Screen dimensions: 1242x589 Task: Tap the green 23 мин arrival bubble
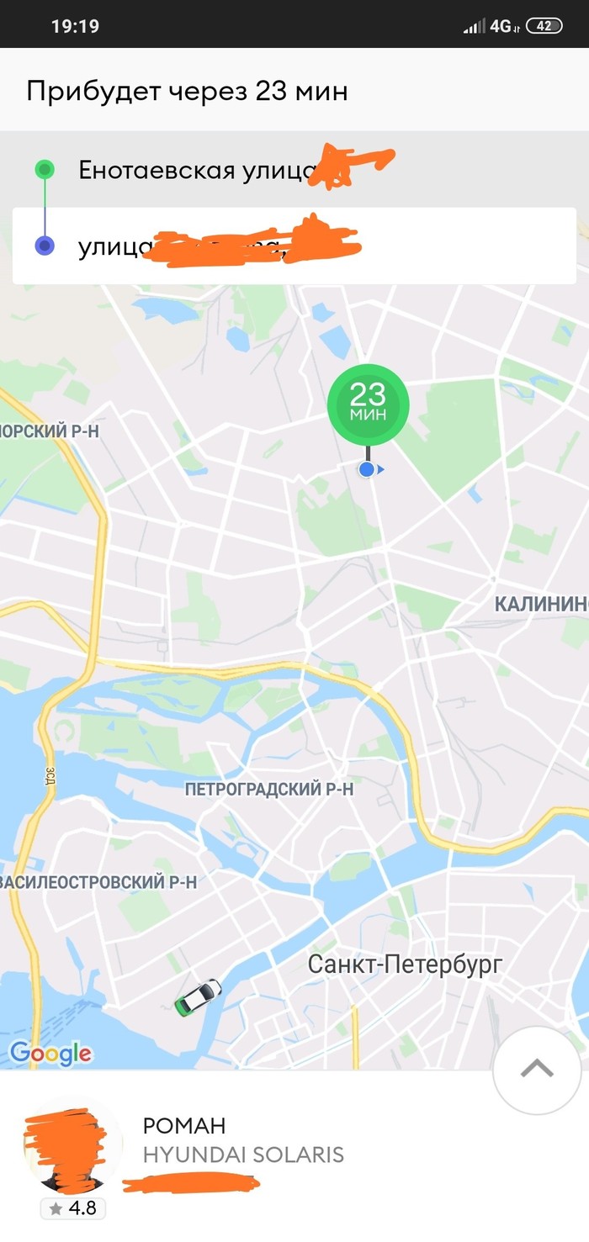tap(368, 404)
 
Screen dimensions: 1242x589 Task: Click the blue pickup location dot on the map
tap(366, 469)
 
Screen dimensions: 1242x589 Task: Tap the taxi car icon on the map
tap(198, 996)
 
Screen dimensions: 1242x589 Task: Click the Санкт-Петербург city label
tap(405, 964)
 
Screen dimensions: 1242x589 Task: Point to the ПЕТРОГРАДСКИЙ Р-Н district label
tap(269, 790)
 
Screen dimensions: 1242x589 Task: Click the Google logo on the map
tap(50, 1053)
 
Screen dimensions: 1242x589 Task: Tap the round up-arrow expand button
tap(537, 1070)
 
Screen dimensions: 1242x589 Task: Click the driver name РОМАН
tap(184, 1126)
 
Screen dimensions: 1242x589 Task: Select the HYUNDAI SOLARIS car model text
tap(243, 1155)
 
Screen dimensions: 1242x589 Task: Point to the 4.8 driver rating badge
tap(73, 1209)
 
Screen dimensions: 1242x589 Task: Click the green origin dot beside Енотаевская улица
tap(45, 170)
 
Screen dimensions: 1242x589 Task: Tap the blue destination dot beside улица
tap(45, 246)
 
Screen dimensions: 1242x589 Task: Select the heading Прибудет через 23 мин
tap(187, 91)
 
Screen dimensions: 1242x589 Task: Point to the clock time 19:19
tap(75, 26)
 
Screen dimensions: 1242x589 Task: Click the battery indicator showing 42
tap(544, 26)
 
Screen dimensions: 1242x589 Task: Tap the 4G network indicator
tap(501, 26)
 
